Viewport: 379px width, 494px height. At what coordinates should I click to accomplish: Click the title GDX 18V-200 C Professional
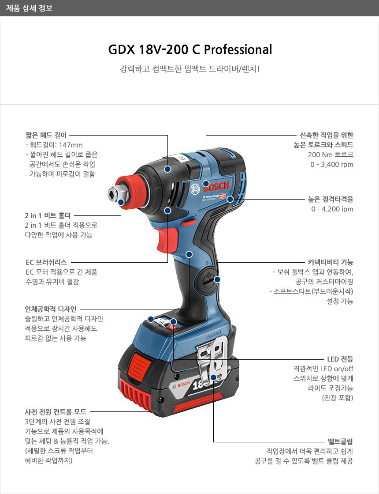pos(190,49)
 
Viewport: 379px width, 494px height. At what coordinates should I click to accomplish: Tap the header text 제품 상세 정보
pos(29,8)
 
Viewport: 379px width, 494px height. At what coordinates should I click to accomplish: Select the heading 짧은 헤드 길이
pos(46,135)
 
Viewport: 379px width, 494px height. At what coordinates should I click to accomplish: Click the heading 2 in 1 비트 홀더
pos(48,215)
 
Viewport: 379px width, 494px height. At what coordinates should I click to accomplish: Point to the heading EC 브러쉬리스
pos(46,262)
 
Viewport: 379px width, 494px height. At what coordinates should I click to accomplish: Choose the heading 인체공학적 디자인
pos(51,309)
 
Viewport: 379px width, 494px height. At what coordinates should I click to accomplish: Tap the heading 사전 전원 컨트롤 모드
pos(56,411)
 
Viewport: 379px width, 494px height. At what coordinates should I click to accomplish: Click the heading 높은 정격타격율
pos(331,199)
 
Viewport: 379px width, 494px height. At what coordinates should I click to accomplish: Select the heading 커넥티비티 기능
pos(331,262)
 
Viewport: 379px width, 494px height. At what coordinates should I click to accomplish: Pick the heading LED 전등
pos(340,359)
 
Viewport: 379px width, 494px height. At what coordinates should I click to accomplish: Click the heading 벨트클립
pos(341,441)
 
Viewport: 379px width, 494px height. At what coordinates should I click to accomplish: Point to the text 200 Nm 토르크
pos(331,155)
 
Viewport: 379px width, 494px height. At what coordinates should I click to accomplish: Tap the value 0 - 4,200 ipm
pos(332,209)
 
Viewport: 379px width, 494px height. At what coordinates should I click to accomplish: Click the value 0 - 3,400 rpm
pos(332,165)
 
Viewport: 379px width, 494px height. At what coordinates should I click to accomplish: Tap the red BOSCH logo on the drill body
pos(217,186)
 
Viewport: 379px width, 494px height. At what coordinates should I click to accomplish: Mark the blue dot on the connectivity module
pos(217,279)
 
